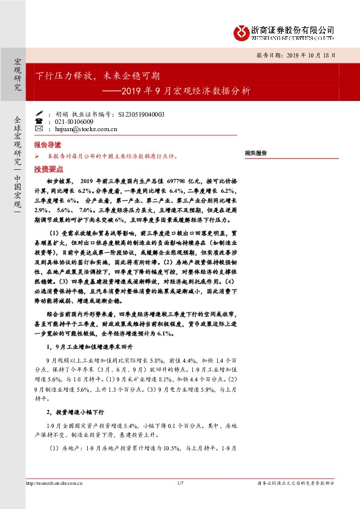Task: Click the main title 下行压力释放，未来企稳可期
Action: click(x=97, y=76)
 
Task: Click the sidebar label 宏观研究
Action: click(x=17, y=75)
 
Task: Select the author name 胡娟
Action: click(x=62, y=114)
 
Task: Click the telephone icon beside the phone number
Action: click(x=39, y=122)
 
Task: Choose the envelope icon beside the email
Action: click(x=39, y=129)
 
